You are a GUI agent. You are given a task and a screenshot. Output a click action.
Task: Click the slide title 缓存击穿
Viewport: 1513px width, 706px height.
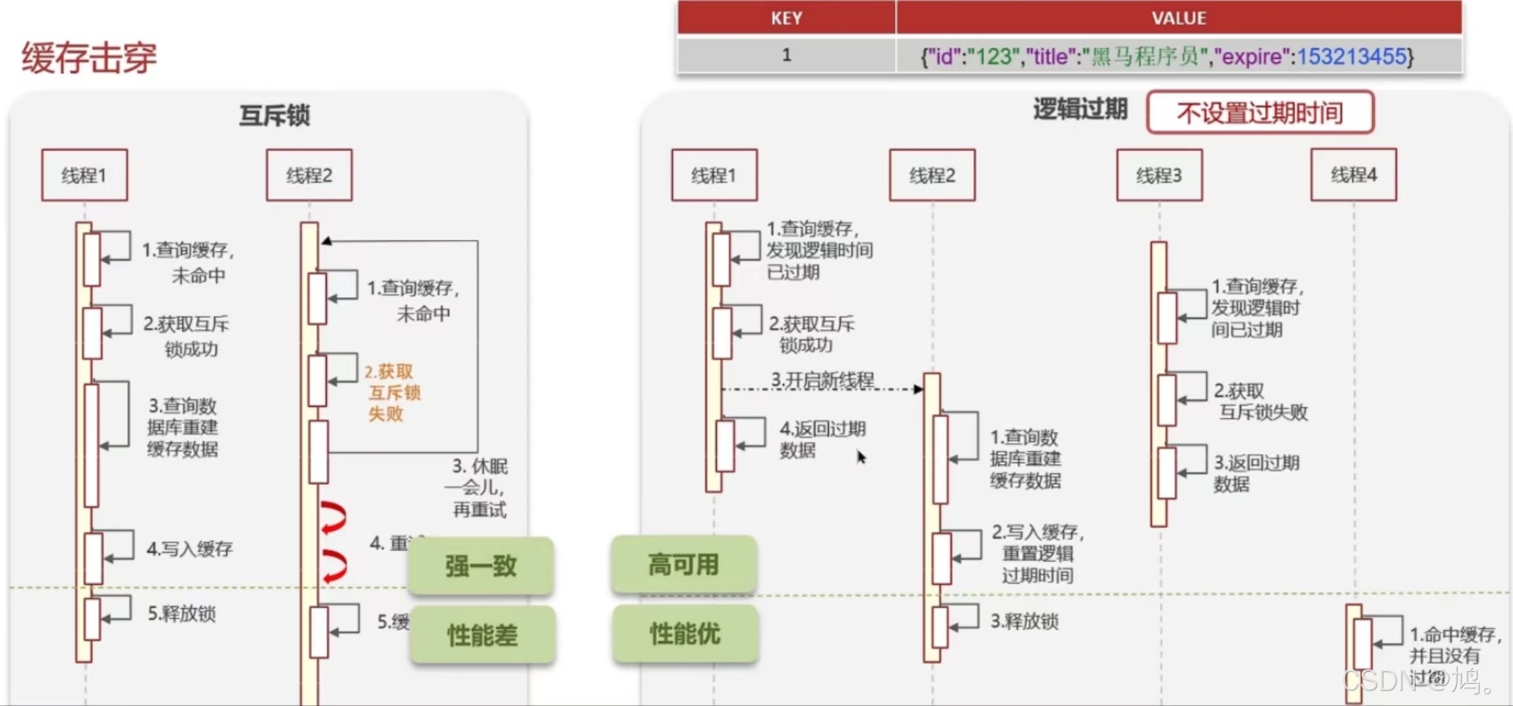point(89,58)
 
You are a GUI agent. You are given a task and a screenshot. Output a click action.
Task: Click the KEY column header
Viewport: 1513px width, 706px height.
point(786,18)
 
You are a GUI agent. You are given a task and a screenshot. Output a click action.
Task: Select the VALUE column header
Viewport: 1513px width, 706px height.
point(1179,18)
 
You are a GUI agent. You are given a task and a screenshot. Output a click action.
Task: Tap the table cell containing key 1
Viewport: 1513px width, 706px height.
point(786,55)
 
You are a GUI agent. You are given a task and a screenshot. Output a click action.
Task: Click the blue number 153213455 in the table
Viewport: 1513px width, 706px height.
point(1351,56)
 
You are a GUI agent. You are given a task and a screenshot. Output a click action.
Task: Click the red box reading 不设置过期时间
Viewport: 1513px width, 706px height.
point(1260,113)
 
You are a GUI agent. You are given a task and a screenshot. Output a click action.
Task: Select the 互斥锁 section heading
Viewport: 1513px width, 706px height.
point(274,115)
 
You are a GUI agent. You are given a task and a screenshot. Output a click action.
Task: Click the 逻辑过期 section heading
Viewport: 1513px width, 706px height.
point(1080,109)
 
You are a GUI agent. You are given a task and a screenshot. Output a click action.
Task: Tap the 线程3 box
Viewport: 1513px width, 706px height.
point(1159,175)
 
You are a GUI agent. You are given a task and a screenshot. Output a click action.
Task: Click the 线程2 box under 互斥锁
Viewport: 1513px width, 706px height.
point(309,175)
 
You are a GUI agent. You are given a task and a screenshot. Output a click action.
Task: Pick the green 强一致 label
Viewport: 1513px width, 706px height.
point(481,565)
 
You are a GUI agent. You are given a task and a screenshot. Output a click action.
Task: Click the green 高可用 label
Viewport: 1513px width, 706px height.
point(683,564)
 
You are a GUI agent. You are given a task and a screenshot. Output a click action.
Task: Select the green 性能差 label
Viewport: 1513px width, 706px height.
point(482,635)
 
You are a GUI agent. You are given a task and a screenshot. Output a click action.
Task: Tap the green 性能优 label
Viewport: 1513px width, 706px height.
point(685,633)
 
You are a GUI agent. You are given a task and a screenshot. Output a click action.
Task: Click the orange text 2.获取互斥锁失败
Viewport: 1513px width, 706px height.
point(392,393)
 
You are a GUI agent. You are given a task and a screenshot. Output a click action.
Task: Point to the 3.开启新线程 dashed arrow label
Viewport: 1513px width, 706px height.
point(822,379)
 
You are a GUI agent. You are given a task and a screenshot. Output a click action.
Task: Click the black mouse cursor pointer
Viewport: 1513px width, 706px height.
point(861,457)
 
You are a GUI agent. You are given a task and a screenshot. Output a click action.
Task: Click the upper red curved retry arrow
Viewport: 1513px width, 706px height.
point(333,517)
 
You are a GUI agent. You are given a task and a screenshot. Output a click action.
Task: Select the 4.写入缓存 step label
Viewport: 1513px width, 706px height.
point(189,548)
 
